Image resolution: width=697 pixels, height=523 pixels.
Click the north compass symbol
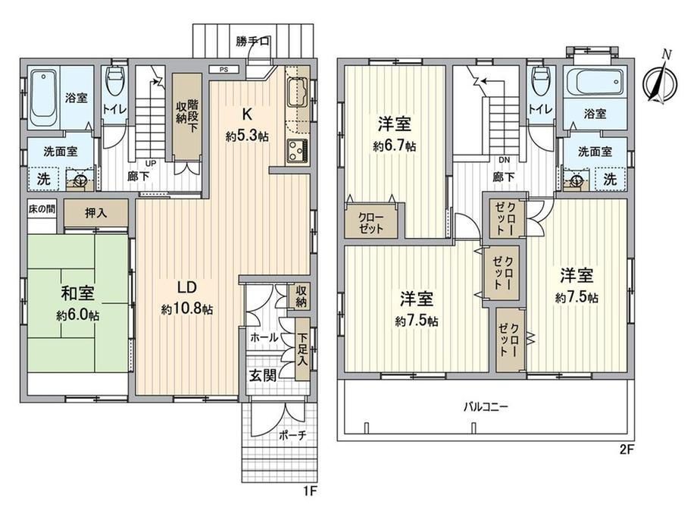click(x=661, y=80)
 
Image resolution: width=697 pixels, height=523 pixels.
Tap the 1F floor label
click(x=309, y=491)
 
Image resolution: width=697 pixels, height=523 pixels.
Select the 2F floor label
click(x=627, y=449)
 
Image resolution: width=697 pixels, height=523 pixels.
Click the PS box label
click(x=224, y=70)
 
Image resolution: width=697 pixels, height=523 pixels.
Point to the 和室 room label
click(x=77, y=294)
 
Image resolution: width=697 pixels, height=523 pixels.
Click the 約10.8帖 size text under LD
click(x=186, y=308)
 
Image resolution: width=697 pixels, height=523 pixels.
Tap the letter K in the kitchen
click(x=247, y=114)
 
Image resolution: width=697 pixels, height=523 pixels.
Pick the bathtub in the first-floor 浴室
click(x=44, y=98)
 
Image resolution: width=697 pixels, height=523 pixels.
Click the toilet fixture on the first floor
click(x=114, y=81)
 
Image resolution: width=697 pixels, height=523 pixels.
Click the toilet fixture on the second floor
click(x=539, y=81)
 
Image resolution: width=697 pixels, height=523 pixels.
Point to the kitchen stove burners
click(x=296, y=151)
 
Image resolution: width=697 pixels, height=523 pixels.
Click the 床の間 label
click(x=42, y=209)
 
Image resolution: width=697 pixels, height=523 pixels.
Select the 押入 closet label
click(x=96, y=214)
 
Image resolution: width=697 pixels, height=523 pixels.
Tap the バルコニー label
click(x=485, y=406)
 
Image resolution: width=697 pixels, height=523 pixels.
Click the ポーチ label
click(x=292, y=435)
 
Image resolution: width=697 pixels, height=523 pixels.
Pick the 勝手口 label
click(x=252, y=42)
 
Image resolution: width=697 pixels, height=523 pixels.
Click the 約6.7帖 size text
click(x=394, y=146)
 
